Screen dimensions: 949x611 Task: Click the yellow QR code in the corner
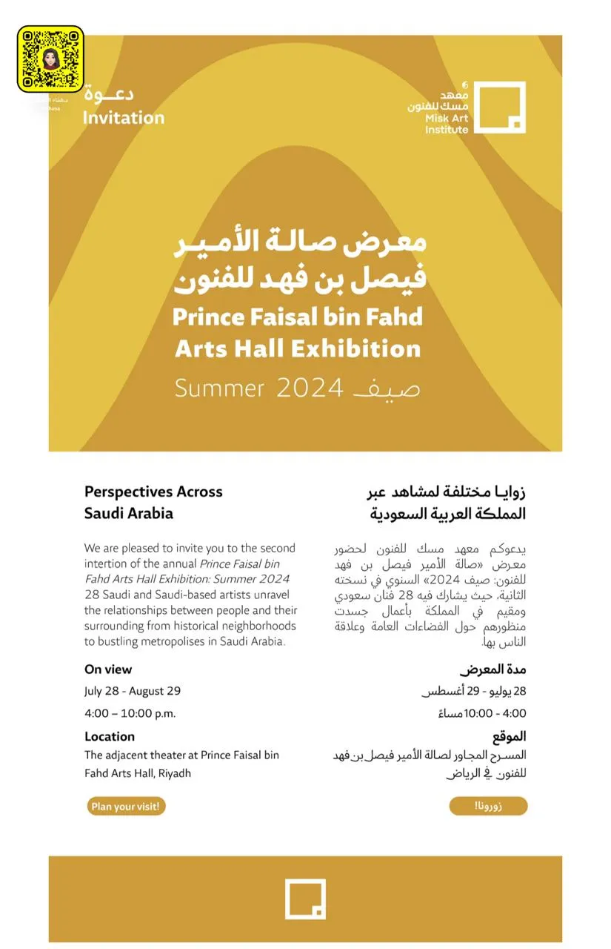coord(50,59)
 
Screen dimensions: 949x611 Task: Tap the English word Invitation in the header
coord(124,117)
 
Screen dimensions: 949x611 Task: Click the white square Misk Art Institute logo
coord(500,108)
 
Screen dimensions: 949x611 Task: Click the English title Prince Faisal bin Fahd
coord(298,317)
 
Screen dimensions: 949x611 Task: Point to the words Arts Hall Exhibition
coord(298,348)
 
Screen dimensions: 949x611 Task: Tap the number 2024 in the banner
coord(309,388)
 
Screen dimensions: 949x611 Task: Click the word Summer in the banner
coord(219,388)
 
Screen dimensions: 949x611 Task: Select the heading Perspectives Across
coord(153,491)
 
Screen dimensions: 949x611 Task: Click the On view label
coord(108,669)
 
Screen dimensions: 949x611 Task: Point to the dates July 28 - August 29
coord(133,691)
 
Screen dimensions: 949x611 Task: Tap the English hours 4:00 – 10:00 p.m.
coord(130,713)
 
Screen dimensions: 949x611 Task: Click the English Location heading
coord(110,736)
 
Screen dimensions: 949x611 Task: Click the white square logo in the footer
coord(305,899)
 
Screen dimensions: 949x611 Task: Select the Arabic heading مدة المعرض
coord(493,669)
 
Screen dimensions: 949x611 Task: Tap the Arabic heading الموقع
coord(510,736)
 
